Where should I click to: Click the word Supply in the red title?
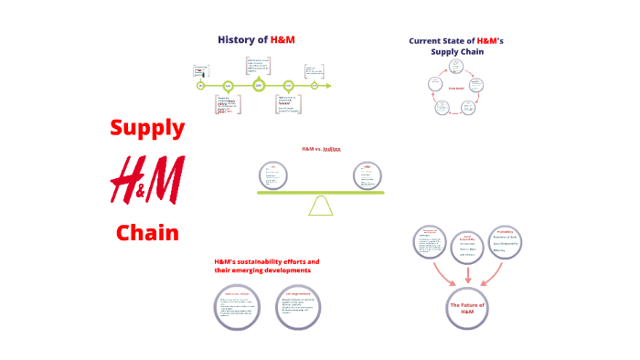coord(147,128)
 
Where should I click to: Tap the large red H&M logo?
coord(146,179)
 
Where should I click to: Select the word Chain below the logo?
coord(147,232)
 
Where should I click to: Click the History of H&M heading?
coord(256,39)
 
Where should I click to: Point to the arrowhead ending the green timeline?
coord(327,86)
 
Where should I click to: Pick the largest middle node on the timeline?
coord(259,85)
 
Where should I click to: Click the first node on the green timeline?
coord(200,86)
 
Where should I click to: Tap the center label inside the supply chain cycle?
coord(456,89)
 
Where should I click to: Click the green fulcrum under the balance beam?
coord(321,206)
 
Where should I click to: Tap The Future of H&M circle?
coord(467,307)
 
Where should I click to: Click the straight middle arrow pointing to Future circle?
coord(468,273)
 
